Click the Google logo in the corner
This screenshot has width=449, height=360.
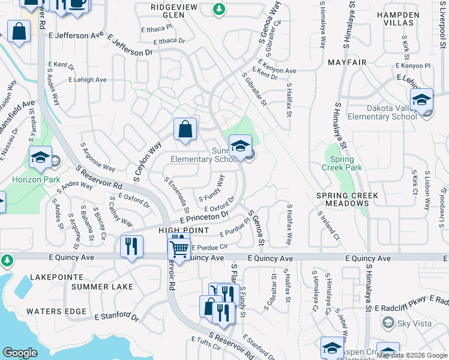pos(20,353)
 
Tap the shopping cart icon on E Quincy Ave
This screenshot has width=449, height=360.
pos(179,248)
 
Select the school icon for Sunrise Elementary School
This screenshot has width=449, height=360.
pos(240,146)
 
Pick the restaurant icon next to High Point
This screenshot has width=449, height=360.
pos(131,246)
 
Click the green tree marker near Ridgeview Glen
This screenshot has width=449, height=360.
pos(220,8)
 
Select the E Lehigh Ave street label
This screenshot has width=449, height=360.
pos(87,80)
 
